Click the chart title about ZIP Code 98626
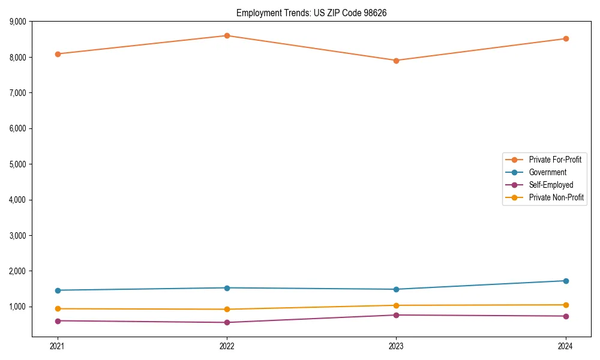pyautogui.click(x=316, y=13)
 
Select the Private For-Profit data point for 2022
pyautogui.click(x=227, y=35)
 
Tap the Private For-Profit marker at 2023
pyautogui.click(x=396, y=61)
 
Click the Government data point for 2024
pyautogui.click(x=566, y=281)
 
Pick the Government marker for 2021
pyautogui.click(x=58, y=290)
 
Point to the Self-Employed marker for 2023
pyautogui.click(x=396, y=315)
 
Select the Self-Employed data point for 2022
pyautogui.click(x=227, y=322)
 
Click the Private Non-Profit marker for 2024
pyautogui.click(x=566, y=305)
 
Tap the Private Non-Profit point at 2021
pyautogui.click(x=58, y=308)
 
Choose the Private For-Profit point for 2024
pyautogui.click(x=566, y=38)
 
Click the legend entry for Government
pyautogui.click(x=547, y=172)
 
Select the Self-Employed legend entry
pyautogui.click(x=551, y=185)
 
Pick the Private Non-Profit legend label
pyautogui.click(x=556, y=197)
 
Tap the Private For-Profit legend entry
pyautogui.click(x=555, y=160)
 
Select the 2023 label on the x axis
pyautogui.click(x=396, y=346)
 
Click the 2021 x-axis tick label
pyautogui.click(x=58, y=346)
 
